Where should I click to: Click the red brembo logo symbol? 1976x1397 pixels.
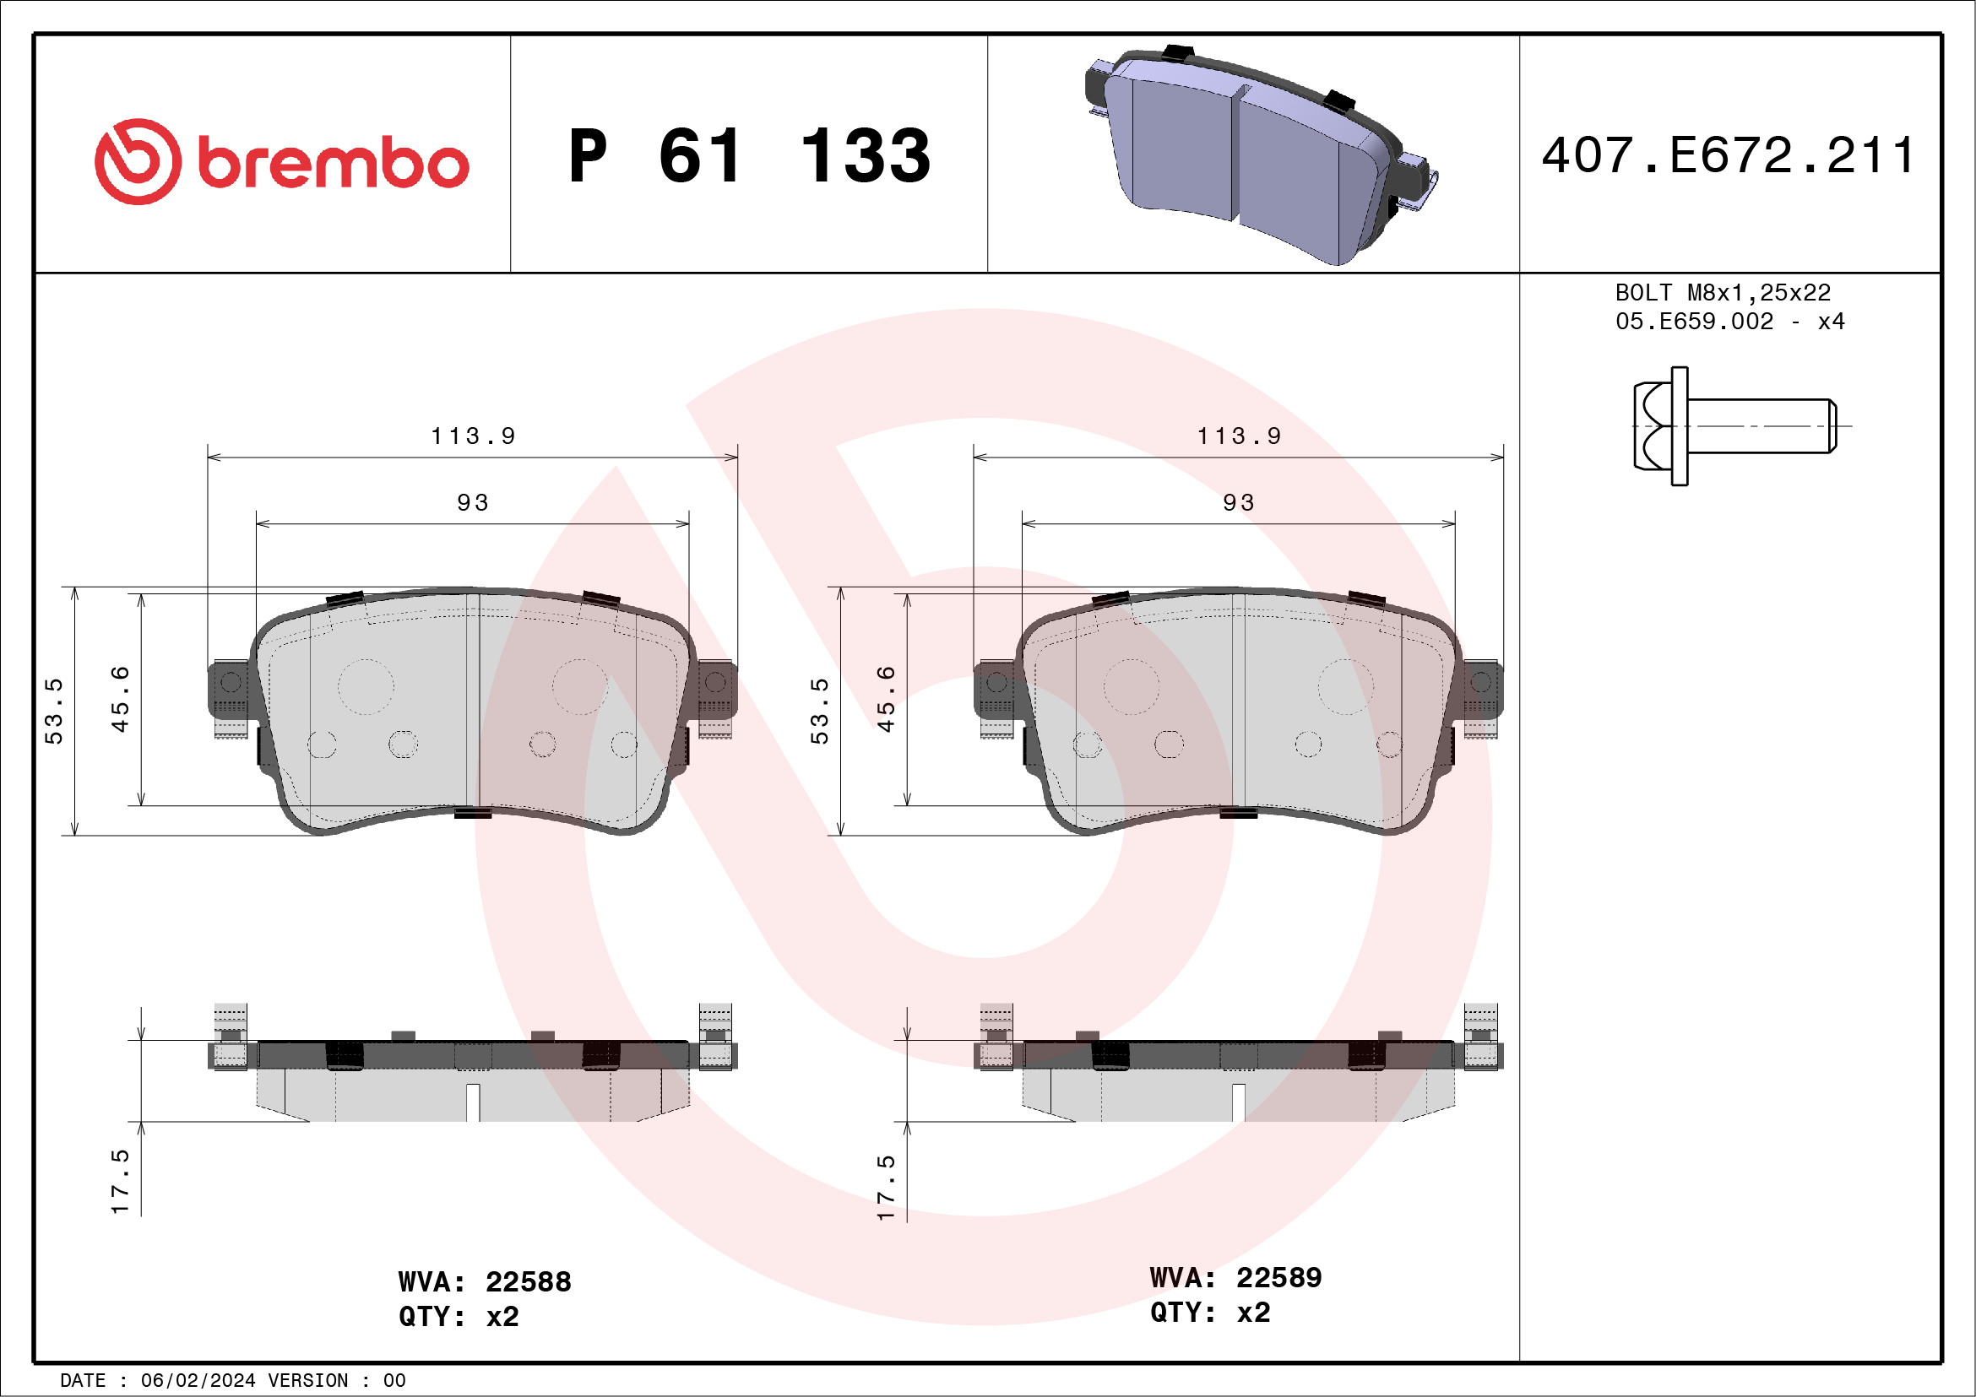138,162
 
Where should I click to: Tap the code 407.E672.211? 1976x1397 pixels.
1727,155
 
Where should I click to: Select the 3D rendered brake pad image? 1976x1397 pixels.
1257,154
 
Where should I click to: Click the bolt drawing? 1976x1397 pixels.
1734,425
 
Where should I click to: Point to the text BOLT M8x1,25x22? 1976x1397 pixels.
1722,292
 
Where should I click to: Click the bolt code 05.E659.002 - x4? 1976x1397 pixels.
1729,322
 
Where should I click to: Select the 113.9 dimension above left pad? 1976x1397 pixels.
473,436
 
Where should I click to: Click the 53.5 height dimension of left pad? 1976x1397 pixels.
54,711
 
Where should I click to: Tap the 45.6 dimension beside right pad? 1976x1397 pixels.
886,699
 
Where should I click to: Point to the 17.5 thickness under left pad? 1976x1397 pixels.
121,1181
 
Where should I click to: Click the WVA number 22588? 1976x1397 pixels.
528,1281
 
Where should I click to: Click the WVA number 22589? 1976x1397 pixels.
1278,1277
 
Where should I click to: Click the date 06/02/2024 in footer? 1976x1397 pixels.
198,1381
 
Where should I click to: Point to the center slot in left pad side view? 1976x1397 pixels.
473,1102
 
